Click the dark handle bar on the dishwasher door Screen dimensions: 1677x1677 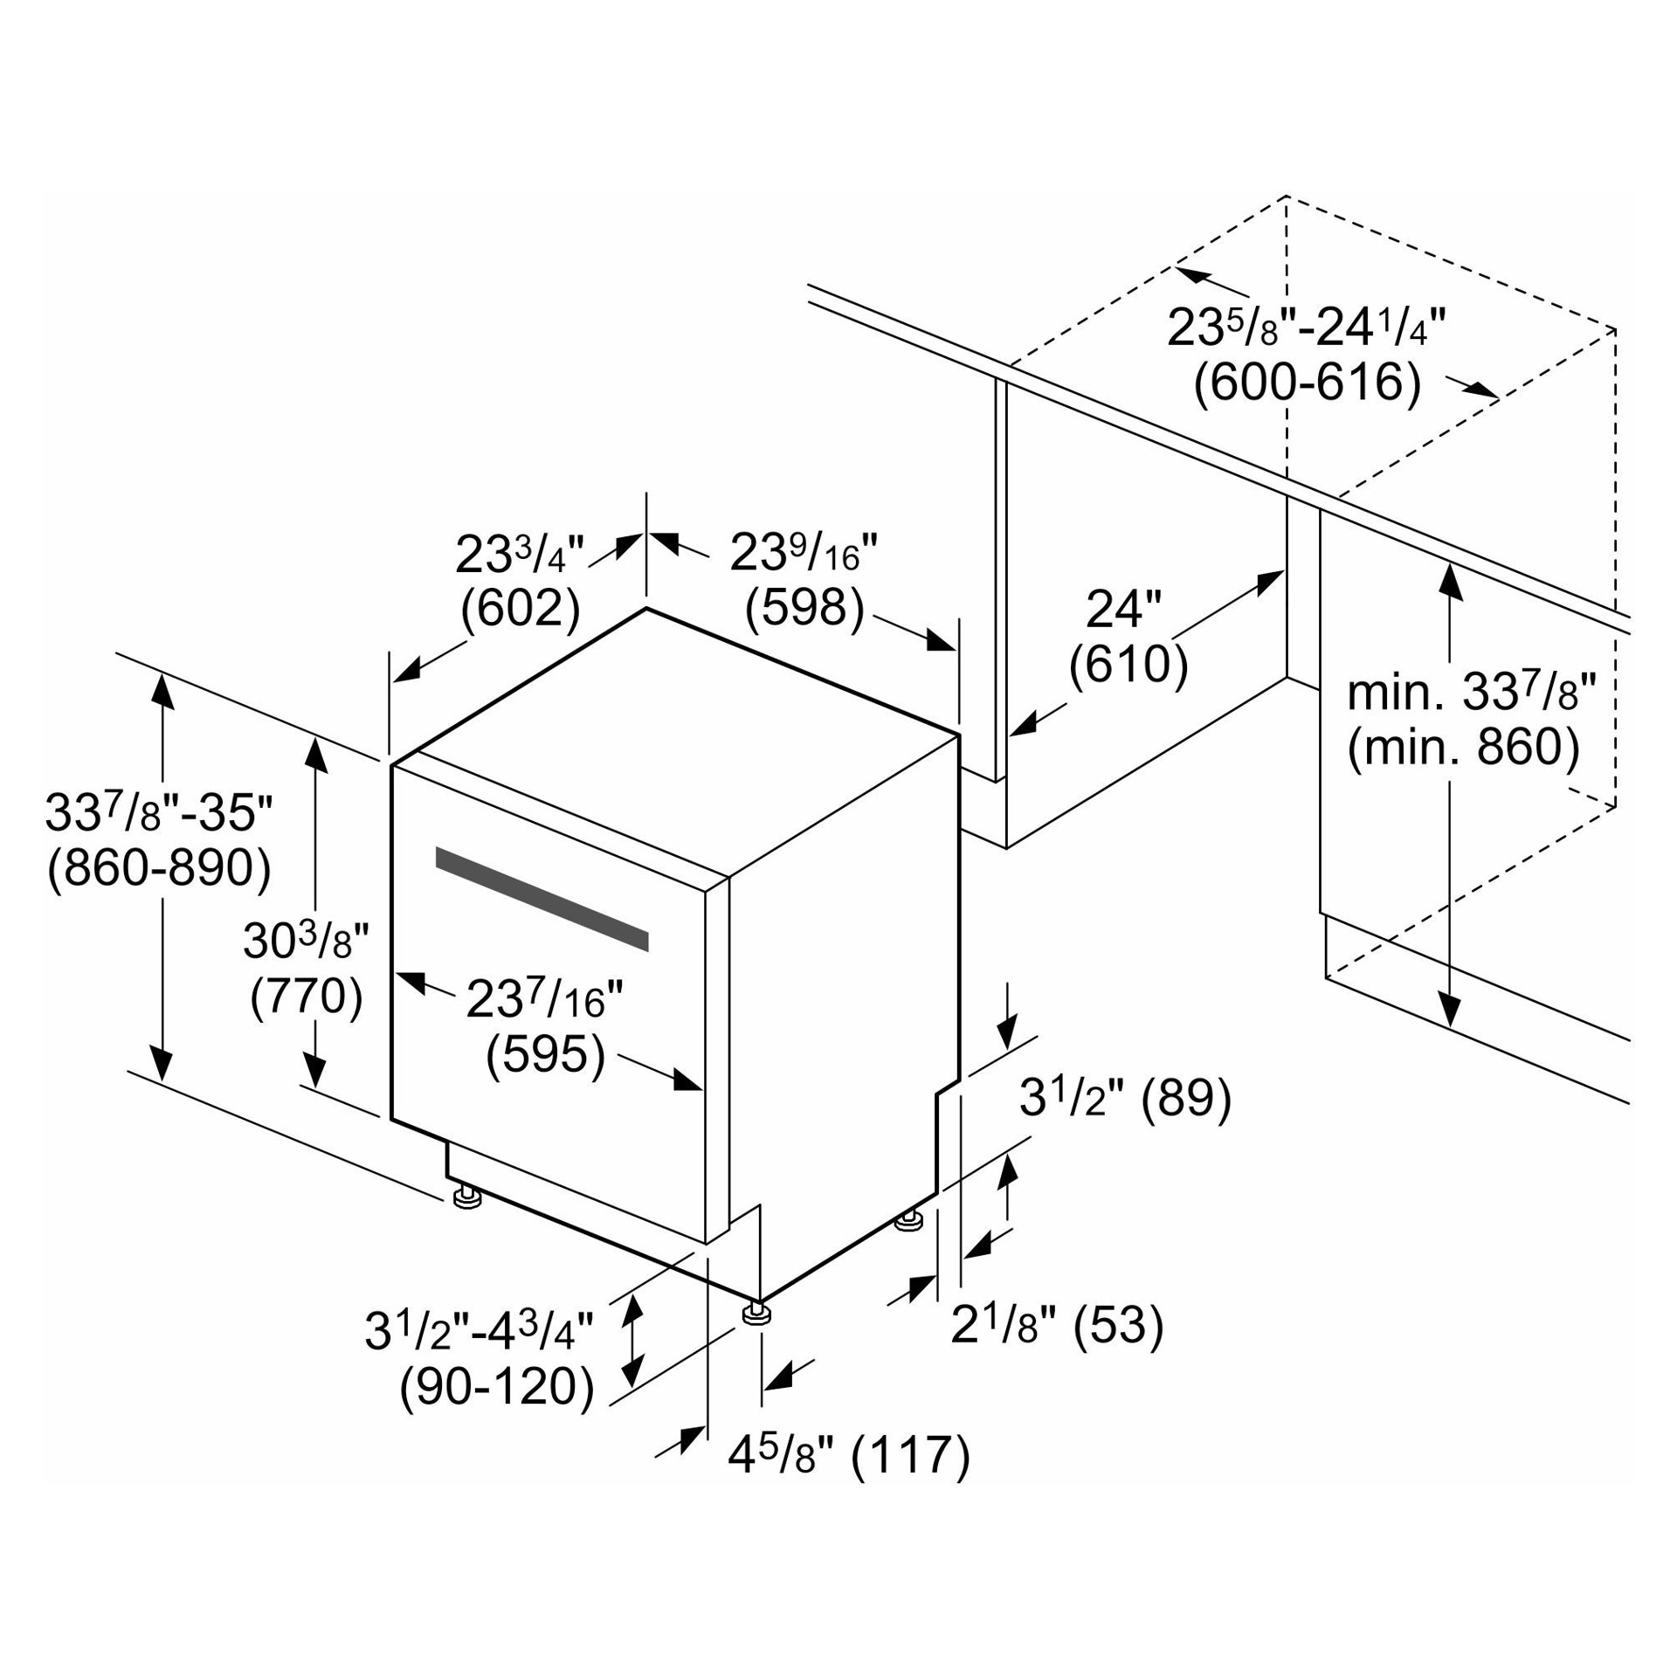coord(542,899)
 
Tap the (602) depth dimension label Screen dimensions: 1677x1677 coord(520,610)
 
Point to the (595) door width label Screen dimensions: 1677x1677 coord(545,1054)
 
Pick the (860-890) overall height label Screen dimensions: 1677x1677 coord(159,868)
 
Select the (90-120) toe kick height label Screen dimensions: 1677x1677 coord(496,1386)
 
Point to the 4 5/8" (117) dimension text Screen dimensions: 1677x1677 coord(849,1455)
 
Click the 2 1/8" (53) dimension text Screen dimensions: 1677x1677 coord(1058,1325)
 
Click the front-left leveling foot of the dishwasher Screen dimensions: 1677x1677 coord(467,1196)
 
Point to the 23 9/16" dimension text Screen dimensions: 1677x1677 coord(804,552)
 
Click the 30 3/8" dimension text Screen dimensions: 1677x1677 coord(307,941)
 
